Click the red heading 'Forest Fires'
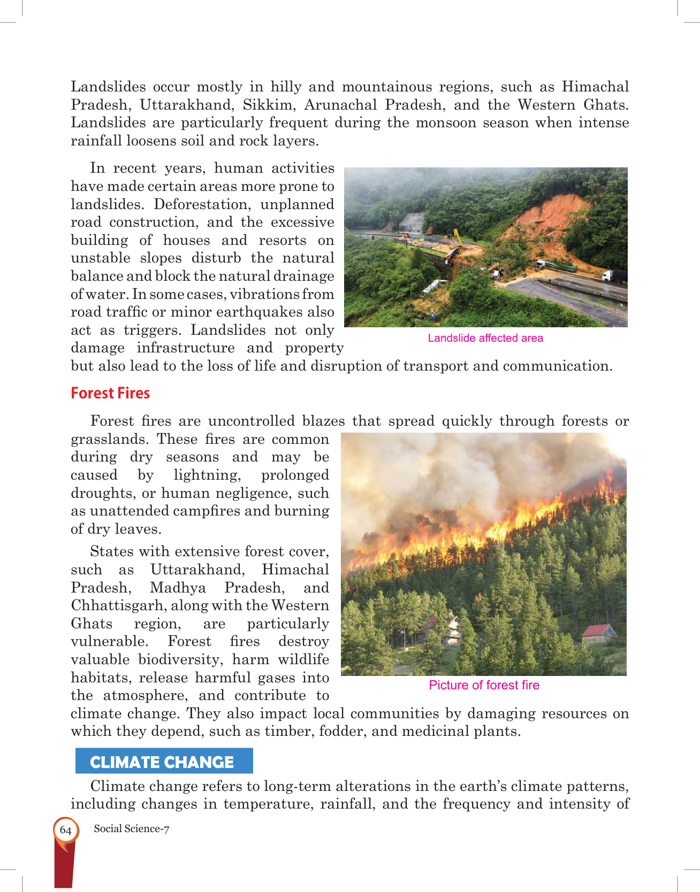click(x=110, y=393)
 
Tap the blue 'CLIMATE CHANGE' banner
click(x=162, y=762)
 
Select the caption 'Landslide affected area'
click(x=485, y=338)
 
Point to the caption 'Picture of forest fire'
click(x=484, y=685)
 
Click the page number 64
click(x=66, y=830)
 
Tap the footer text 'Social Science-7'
click(x=132, y=828)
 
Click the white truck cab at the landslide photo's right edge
click(x=609, y=276)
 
